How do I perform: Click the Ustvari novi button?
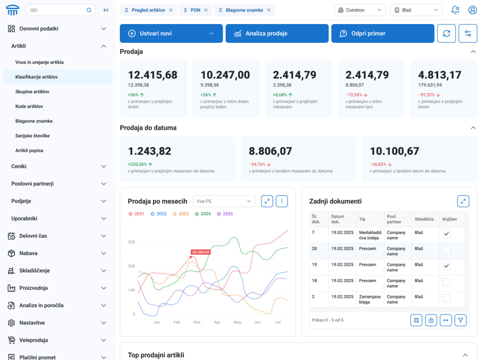pos(171,34)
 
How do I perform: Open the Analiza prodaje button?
pos(277,34)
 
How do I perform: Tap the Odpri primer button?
pos(382,34)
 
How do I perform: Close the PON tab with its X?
pos(206,10)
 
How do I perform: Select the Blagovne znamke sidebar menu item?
pos(34,121)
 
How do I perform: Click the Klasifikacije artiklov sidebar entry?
pos(37,77)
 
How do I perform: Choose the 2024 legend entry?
pos(203,214)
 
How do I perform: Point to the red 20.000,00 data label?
pos(201,252)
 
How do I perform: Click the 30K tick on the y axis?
pos(132,242)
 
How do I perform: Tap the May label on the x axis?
pos(237,323)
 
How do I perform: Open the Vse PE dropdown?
pos(224,201)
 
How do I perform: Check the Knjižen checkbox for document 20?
pos(446,250)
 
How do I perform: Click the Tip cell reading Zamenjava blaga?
pos(369,299)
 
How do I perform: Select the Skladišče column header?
pos(424,219)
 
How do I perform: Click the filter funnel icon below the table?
pos(460,320)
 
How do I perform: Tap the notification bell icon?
pos(455,10)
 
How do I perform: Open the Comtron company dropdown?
pos(360,10)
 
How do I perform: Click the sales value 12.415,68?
pos(152,75)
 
